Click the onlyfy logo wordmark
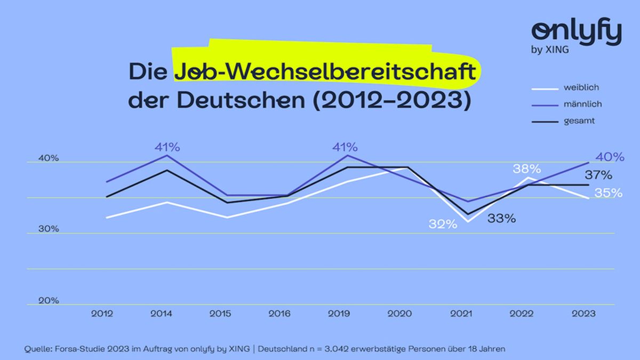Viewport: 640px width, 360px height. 577,34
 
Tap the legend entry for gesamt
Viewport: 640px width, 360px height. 579,121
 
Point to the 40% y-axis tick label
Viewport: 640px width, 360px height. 49,158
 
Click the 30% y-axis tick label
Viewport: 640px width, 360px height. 49,229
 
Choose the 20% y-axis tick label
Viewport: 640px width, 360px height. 49,301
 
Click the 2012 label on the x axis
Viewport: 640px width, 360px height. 102,314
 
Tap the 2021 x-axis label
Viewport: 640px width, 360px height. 462,314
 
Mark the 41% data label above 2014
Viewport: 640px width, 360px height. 167,147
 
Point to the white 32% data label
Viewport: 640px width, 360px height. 443,224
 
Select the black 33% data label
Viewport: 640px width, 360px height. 501,218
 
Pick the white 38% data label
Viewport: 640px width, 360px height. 527,169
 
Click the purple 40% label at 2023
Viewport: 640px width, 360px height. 610,157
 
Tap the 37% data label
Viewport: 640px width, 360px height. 598,175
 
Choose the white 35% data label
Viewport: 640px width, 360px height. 609,193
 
